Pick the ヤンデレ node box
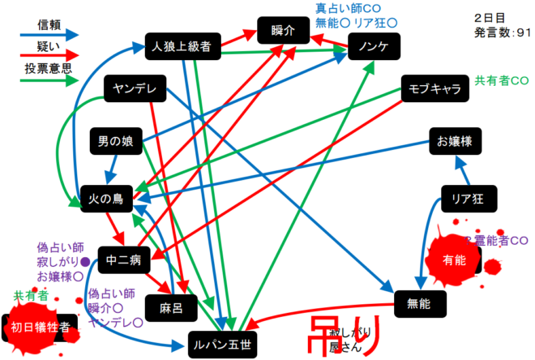click(x=135, y=88)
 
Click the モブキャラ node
click(x=435, y=88)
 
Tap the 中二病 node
click(x=124, y=259)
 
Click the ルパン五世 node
click(x=221, y=345)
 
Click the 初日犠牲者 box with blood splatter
click(x=39, y=327)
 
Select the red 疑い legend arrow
click(x=48, y=58)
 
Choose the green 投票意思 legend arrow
click(x=48, y=80)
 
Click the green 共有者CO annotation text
click(x=502, y=82)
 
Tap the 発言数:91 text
click(x=503, y=32)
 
